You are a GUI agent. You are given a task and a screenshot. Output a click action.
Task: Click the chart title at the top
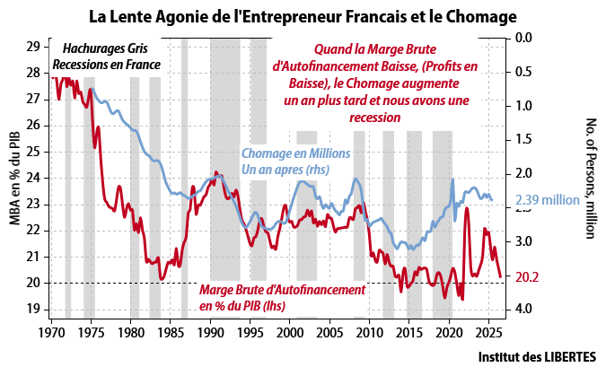tap(303, 16)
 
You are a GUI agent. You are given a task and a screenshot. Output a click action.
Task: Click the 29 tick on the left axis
tap(34, 47)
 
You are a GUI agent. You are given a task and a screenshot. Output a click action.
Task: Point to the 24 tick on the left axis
tap(34, 178)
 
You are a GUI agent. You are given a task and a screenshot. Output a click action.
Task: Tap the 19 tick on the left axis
tap(34, 309)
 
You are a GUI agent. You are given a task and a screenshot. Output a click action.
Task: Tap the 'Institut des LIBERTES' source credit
tap(538, 356)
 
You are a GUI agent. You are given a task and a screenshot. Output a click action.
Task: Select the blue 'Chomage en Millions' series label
tap(295, 153)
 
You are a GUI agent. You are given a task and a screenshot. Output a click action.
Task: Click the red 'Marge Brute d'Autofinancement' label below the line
tap(281, 291)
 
